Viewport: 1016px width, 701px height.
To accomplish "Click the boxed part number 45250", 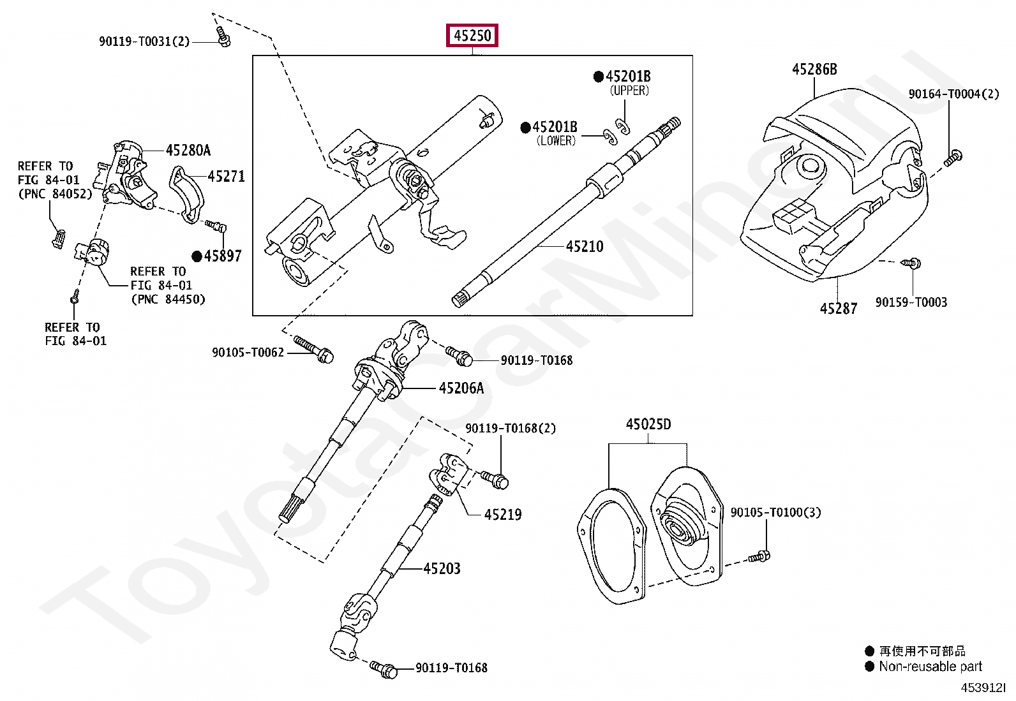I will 472,36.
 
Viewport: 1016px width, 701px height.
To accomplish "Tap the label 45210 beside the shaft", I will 585,246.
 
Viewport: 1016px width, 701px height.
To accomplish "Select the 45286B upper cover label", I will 814,70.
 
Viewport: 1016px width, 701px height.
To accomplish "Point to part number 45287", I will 839,309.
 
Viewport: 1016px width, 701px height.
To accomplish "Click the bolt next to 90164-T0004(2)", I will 953,156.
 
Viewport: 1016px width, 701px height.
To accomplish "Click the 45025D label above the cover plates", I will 648,424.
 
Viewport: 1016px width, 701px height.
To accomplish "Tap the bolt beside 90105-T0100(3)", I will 759,557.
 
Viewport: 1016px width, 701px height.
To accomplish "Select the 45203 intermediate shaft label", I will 442,568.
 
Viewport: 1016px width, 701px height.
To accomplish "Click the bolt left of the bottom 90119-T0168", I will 384,669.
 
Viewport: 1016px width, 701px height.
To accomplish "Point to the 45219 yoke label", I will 503,515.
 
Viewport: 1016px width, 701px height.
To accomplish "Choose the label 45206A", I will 461,388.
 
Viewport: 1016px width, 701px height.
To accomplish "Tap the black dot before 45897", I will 197,256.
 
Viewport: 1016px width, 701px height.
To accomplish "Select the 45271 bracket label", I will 226,177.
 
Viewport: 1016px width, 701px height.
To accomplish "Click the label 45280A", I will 188,151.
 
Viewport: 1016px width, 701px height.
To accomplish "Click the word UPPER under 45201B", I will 629,91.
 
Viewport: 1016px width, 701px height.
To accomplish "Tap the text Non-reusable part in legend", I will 930,667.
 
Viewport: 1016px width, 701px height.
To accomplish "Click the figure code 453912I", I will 983,688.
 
